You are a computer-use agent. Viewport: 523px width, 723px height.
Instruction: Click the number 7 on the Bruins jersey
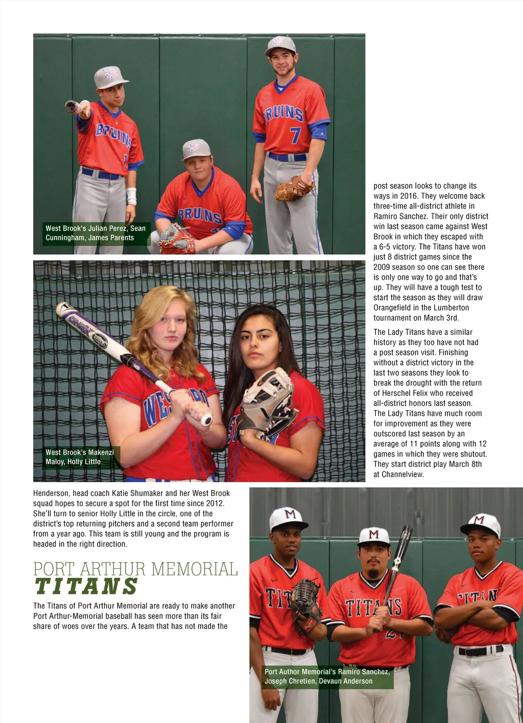point(295,135)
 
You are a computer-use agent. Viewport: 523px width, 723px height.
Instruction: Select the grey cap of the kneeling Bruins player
point(196,149)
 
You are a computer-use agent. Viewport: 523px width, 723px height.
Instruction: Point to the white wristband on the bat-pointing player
point(131,196)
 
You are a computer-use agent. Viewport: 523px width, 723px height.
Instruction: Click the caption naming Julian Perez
point(96,233)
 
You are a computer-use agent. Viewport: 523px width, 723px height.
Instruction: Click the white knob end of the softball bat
point(206,420)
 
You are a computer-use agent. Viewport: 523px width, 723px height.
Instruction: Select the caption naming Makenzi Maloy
point(79,457)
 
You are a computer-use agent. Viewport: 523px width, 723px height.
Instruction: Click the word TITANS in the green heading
point(86,587)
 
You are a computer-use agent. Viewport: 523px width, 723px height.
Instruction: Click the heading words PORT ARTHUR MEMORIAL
point(135,569)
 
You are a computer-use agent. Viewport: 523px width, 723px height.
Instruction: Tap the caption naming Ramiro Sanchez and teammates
point(327,676)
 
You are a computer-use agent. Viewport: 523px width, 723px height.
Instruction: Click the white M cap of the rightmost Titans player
point(481,524)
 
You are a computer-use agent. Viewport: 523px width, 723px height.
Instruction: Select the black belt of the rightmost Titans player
point(480,651)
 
